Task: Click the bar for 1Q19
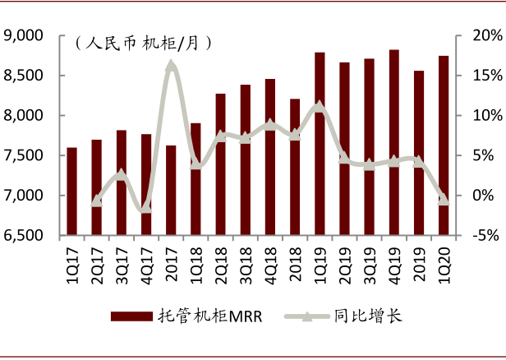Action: [320, 144]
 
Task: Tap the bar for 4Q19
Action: [393, 142]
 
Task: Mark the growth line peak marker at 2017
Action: [171, 65]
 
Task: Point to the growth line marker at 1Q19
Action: [320, 106]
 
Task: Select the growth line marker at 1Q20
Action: [444, 199]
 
